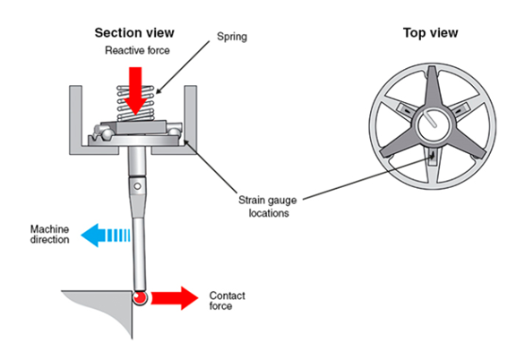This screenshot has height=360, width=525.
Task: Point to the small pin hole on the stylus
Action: point(136,186)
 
